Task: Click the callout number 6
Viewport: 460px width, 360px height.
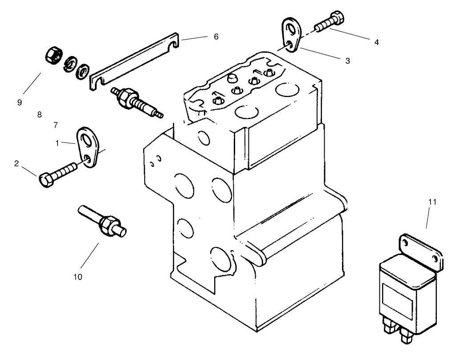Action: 216,36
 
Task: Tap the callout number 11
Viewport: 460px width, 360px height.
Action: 432,202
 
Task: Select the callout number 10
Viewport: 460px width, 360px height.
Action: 78,277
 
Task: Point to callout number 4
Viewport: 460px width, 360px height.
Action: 376,42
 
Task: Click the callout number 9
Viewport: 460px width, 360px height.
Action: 20,102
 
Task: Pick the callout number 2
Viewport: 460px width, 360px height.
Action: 16,163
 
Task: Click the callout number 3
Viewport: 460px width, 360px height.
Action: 347,61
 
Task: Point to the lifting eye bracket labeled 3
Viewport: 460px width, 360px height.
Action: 292,35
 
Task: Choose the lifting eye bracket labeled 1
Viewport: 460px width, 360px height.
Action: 89,147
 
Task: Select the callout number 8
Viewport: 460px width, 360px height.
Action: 39,115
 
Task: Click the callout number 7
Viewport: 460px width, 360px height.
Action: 56,126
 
